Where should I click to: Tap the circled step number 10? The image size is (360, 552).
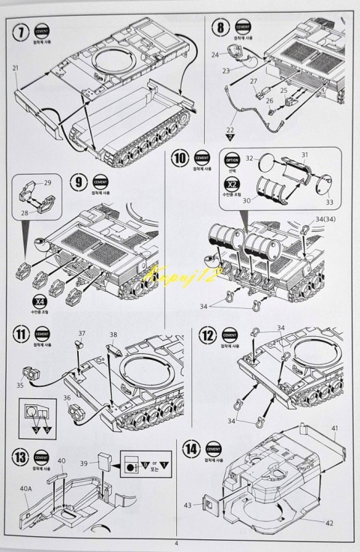pos(180,160)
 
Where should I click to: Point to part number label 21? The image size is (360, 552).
pos(15,68)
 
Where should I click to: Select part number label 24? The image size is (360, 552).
pos(215,55)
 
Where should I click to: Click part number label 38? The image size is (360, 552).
pos(113,335)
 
